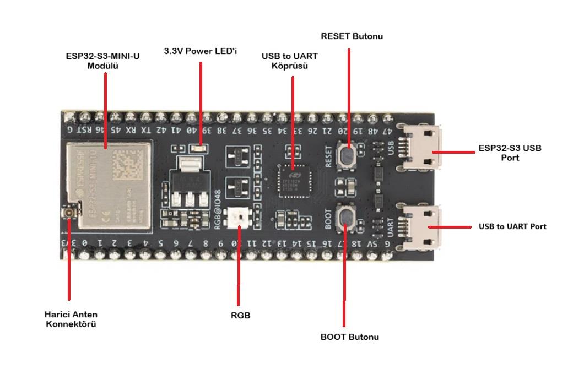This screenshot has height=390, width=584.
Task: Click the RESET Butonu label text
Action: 352,36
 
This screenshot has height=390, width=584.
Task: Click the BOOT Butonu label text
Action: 349,337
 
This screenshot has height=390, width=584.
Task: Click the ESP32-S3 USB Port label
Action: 510,153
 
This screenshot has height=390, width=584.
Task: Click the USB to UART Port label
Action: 512,226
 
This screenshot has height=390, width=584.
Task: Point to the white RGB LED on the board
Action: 240,216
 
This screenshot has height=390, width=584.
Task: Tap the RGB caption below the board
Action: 240,316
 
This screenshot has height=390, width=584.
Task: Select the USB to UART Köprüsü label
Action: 290,61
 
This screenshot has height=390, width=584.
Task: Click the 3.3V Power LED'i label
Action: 200,51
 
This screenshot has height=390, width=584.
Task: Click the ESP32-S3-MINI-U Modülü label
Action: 102,60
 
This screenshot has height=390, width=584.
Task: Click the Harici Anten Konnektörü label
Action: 71,319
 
